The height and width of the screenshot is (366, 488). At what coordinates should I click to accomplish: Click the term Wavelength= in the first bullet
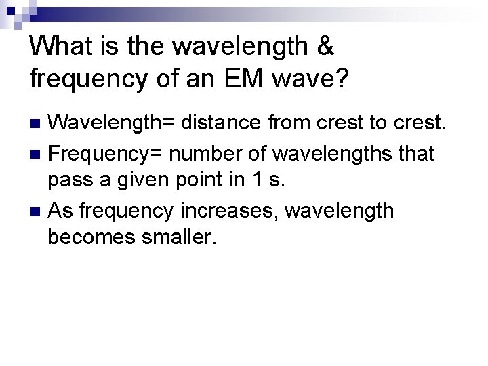point(111,124)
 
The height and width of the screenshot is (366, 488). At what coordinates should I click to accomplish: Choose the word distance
point(222,124)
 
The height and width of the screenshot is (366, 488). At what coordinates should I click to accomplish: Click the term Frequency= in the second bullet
point(106,154)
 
